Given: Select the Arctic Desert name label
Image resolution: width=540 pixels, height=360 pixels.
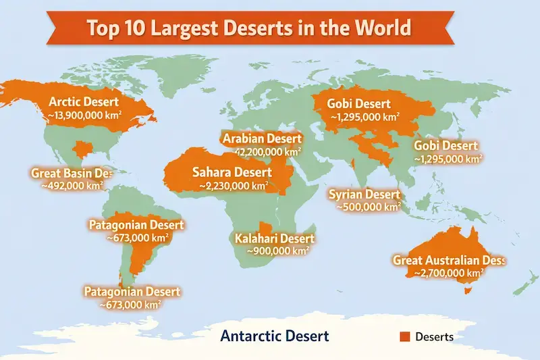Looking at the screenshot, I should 84,102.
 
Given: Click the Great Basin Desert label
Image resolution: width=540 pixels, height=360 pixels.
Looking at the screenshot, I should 70,173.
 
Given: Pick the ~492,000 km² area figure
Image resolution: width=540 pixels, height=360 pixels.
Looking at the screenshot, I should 72,185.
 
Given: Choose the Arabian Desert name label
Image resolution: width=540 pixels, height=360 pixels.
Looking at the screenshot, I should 261,139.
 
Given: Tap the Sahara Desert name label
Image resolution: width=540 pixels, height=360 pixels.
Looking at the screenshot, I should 232,172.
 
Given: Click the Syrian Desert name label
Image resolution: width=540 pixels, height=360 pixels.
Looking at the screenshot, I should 364,195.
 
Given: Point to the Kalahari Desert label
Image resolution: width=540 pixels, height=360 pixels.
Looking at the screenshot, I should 275,238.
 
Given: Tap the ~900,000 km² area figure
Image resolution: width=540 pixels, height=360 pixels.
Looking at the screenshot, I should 277,251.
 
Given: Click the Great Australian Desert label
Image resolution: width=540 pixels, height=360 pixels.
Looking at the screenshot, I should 448,260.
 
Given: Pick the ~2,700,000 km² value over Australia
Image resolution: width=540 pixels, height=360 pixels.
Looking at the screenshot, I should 448,273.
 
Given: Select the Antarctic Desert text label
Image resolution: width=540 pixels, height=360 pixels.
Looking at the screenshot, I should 275,336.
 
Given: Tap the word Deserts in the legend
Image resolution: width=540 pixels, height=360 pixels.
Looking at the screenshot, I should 434,336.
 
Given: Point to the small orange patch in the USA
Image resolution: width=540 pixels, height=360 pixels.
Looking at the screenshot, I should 85,149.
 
